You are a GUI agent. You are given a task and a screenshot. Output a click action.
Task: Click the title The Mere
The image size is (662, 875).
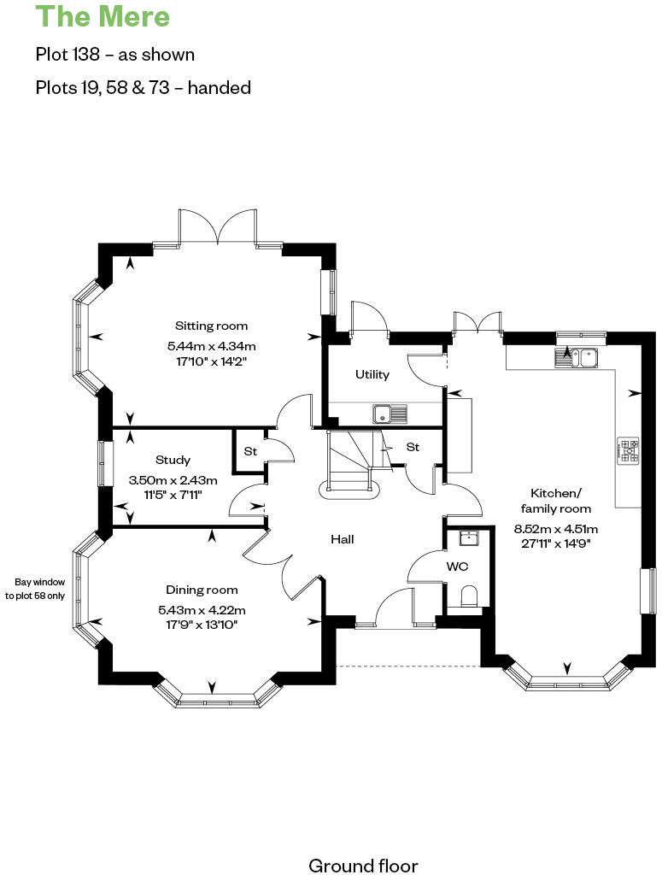[x=103, y=17]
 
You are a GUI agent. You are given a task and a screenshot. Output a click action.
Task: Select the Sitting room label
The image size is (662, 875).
[x=212, y=326]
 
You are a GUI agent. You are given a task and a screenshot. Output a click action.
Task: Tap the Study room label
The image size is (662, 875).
[x=173, y=460]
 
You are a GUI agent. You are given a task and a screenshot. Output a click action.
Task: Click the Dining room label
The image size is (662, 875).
[x=202, y=590]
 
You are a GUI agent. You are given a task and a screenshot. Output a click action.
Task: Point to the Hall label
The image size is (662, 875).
[x=343, y=539]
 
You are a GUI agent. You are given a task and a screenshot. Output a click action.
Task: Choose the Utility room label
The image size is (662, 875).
[x=372, y=374]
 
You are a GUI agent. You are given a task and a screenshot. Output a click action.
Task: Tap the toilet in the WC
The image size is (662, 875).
[x=468, y=596]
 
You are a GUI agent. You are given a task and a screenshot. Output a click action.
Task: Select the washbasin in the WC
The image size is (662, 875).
[x=468, y=537]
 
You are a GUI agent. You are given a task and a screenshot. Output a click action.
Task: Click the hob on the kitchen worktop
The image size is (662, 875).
[x=629, y=451]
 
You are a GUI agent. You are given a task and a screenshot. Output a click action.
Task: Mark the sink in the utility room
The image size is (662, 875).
[x=391, y=414]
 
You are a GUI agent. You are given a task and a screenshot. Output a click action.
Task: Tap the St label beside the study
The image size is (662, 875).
[x=250, y=450]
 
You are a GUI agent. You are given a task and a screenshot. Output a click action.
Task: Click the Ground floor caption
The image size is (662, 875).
[x=363, y=866]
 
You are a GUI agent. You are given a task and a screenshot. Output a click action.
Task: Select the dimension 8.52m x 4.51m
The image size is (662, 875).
[x=556, y=527]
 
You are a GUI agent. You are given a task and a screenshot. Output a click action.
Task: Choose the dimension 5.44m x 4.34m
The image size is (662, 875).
[x=212, y=346]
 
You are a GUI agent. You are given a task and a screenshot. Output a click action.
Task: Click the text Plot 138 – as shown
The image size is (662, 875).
[x=115, y=55]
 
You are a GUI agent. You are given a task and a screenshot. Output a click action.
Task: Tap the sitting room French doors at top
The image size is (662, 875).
[x=218, y=229]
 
